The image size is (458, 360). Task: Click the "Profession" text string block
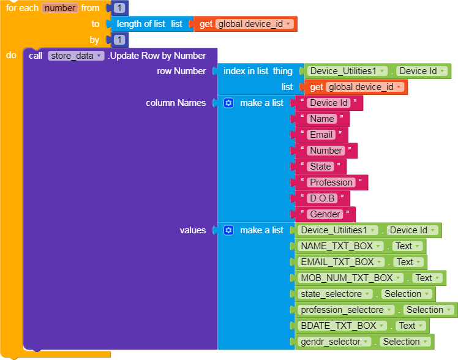click(331, 182)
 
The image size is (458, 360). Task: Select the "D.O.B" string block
click(322, 198)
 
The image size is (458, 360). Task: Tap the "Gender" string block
click(325, 214)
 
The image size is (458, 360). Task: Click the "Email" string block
click(321, 135)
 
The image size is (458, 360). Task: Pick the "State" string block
click(320, 167)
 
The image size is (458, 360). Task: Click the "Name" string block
click(322, 119)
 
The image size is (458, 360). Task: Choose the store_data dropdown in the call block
click(76, 56)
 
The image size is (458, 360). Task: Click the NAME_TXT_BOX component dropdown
click(340, 246)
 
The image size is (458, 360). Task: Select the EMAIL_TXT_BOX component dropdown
click(341, 262)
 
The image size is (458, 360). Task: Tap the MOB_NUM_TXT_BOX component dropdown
click(350, 278)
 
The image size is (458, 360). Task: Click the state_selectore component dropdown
click(335, 294)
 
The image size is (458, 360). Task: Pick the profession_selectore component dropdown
click(346, 310)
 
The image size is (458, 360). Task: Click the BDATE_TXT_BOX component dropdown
click(342, 326)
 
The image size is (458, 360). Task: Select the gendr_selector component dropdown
click(334, 342)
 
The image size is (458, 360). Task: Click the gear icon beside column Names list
click(228, 103)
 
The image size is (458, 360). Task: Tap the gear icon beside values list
click(228, 230)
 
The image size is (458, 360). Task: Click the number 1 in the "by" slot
click(119, 40)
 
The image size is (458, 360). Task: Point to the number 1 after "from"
click(119, 8)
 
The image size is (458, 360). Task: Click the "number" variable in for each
click(60, 8)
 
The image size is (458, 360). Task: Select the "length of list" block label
click(141, 24)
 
